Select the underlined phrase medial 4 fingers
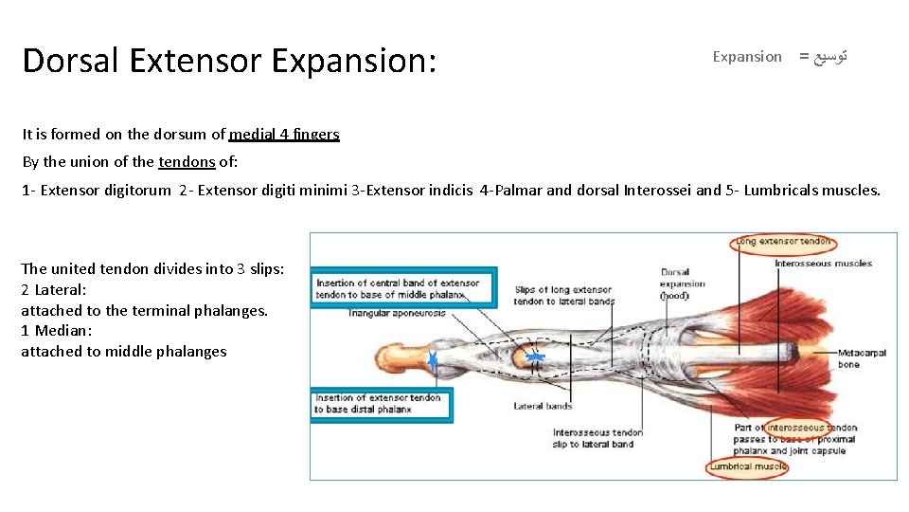[x=284, y=135]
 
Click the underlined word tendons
[x=187, y=161]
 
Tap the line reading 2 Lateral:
[x=53, y=289]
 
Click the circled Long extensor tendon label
[x=783, y=242]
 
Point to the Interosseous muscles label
[x=823, y=264]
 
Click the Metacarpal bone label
[x=862, y=358]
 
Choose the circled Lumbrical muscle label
[x=748, y=466]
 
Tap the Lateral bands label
[x=543, y=406]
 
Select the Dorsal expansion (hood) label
[x=683, y=283]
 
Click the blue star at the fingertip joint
[x=433, y=359]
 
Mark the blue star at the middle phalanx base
[x=535, y=357]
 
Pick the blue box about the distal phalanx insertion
[x=381, y=404]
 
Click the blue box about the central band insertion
[x=403, y=288]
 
